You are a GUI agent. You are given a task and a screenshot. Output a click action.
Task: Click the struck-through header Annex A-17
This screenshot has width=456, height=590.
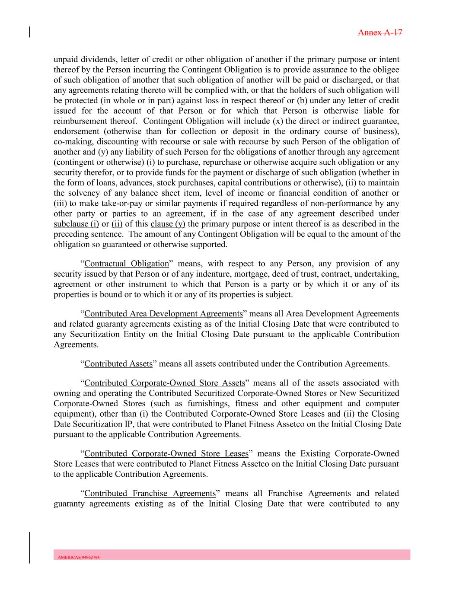pyautogui.click(x=380, y=32)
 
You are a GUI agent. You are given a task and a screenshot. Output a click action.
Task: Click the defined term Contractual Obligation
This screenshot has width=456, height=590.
pyautogui.click(x=127, y=264)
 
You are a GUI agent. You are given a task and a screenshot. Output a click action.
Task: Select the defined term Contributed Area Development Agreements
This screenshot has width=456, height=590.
pyautogui.click(x=163, y=314)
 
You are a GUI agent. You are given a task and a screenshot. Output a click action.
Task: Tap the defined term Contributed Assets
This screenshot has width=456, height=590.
pyautogui.click(x=118, y=364)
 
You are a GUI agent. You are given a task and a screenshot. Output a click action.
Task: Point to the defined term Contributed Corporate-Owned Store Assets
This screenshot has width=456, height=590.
pyautogui.click(x=165, y=383)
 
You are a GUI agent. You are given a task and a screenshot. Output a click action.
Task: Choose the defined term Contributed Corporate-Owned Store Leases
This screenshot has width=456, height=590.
pyautogui.click(x=166, y=454)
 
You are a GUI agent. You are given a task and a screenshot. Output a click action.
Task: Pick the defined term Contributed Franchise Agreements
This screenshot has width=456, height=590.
pyautogui.click(x=150, y=494)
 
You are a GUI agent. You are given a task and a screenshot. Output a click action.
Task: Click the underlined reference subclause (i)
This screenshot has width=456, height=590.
pyautogui.click(x=76, y=224)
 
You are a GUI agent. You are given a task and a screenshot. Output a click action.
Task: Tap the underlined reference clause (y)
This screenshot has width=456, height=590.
pyautogui.click(x=168, y=224)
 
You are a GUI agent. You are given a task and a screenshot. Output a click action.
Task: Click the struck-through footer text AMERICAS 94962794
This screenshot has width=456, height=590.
pyautogui.click(x=79, y=558)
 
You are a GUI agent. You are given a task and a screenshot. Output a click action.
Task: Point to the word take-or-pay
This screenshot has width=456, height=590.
pyautogui.click(x=115, y=204)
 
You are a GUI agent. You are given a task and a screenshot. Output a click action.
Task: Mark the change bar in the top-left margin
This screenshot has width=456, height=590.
pyautogui.click(x=29, y=32)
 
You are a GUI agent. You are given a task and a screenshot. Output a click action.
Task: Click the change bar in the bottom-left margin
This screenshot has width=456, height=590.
pyautogui.click(x=29, y=547)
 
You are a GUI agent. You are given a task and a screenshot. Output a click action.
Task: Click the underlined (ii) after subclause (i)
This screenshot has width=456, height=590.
pyautogui.click(x=117, y=224)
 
